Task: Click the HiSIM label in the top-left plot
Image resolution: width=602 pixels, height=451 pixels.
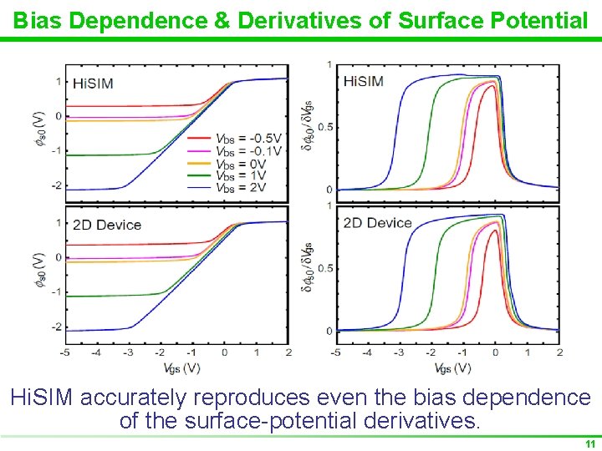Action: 93,83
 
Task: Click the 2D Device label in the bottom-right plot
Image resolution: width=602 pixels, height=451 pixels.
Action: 378,223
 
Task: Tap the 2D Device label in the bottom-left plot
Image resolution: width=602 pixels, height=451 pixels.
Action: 107,225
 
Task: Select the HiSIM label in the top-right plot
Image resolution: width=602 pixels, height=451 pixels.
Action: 364,81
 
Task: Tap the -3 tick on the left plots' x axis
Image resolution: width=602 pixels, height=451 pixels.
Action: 125,352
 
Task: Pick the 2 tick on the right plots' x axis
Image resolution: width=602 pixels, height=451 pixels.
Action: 559,352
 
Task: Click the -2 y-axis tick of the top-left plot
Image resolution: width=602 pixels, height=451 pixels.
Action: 57,185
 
